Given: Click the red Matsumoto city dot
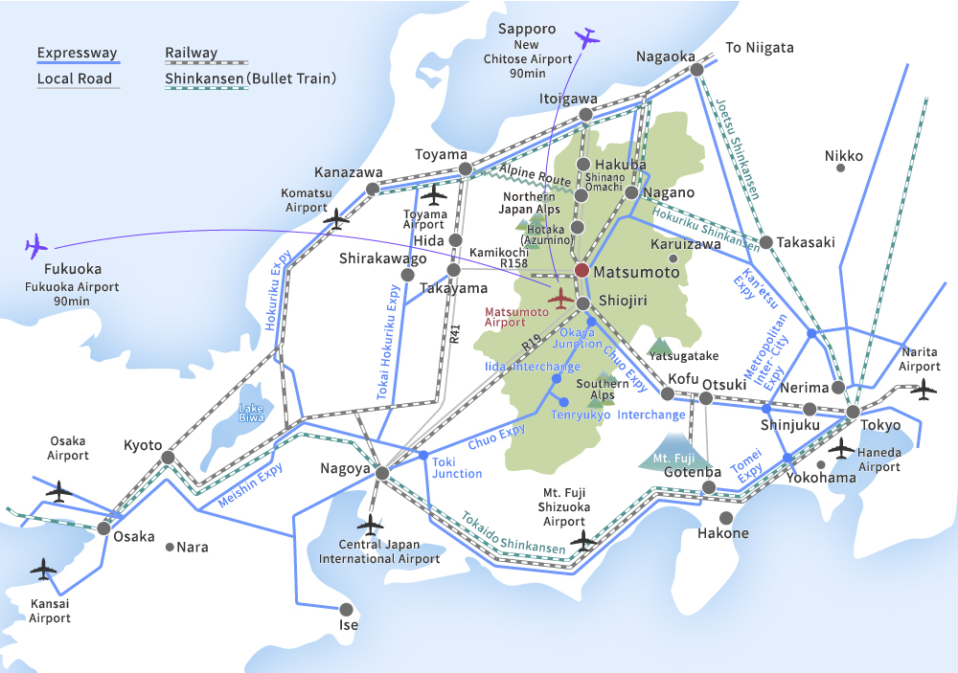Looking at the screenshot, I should point(582,271).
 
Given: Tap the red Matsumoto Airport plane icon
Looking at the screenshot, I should point(560,298).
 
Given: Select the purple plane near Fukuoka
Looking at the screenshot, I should point(36,245).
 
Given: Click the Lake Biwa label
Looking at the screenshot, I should point(251,414).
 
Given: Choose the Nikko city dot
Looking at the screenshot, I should point(840,168).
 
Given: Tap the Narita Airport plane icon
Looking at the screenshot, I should point(924,389).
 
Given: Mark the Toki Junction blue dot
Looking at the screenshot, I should point(423,455).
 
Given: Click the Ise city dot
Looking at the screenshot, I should point(346,609).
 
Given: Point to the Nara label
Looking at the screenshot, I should point(193,548).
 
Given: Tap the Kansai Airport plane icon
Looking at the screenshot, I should point(44,571).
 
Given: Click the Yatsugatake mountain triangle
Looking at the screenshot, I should point(659,344).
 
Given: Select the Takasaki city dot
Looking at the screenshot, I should point(765,241).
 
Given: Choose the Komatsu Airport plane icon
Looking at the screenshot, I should point(336,218).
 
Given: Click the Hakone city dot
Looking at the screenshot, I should point(726,517).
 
